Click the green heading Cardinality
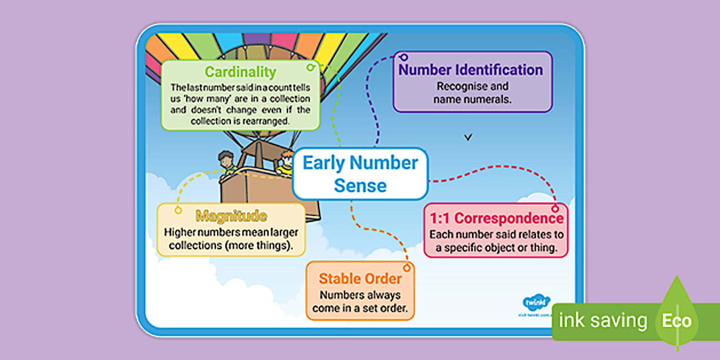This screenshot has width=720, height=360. (x=240, y=72)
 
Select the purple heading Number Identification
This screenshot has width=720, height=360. (x=471, y=70)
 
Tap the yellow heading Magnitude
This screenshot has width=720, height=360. (x=231, y=216)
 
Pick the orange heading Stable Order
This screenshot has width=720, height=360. (x=360, y=279)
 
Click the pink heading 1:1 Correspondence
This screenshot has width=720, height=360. (x=496, y=219)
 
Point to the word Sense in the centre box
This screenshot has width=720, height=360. (x=360, y=185)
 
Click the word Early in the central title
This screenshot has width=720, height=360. (x=323, y=163)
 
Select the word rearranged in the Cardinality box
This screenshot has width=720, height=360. (x=264, y=121)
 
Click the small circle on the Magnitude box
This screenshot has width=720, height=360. (x=178, y=211)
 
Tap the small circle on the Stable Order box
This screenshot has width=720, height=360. (x=407, y=267)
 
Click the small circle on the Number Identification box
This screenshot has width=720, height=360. (x=404, y=57)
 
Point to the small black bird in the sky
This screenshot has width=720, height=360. (x=469, y=137)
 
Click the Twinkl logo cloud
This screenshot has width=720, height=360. (x=535, y=301)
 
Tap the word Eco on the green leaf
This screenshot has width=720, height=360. (x=677, y=321)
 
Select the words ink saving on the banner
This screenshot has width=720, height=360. (x=602, y=321)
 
